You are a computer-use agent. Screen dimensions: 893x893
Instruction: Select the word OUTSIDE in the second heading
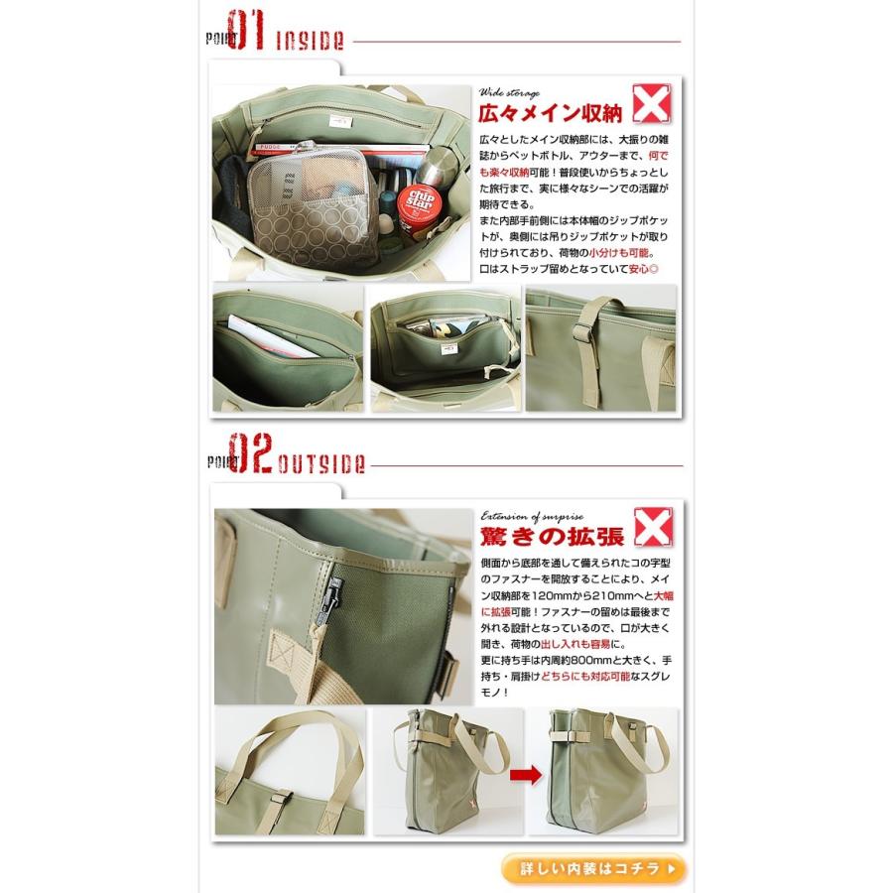(324, 464)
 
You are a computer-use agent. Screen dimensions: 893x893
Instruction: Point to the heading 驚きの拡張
(551, 537)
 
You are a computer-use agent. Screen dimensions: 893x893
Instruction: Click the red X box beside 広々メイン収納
(649, 103)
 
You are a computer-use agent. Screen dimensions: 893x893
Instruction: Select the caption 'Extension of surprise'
(532, 515)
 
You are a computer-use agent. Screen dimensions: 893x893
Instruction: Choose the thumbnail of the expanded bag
(600, 773)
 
